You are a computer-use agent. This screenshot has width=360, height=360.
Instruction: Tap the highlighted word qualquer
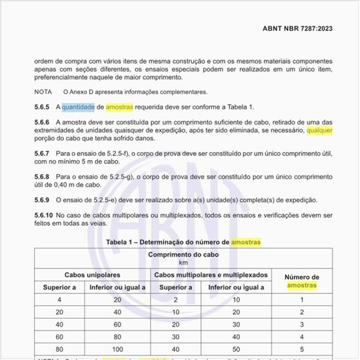click(x=319, y=130)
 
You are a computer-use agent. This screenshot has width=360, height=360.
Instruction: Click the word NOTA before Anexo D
click(x=43, y=92)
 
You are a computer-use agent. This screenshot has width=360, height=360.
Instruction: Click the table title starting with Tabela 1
click(x=183, y=242)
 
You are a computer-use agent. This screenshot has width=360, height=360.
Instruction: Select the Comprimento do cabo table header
click(x=183, y=255)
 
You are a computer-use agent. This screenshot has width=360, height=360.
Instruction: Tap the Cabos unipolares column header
click(x=92, y=276)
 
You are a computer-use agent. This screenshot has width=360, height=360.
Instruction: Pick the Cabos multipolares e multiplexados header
click(x=211, y=276)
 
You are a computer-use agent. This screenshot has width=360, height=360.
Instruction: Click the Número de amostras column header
click(x=302, y=281)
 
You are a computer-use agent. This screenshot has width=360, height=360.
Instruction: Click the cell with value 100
click(x=118, y=350)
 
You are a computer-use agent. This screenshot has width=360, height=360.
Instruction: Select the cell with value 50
click(x=236, y=350)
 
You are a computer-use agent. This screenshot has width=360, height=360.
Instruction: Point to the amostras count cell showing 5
click(x=302, y=350)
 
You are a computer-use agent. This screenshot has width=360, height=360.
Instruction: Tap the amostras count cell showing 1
click(x=302, y=300)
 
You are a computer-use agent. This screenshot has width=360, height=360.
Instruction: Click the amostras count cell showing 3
click(x=302, y=325)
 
